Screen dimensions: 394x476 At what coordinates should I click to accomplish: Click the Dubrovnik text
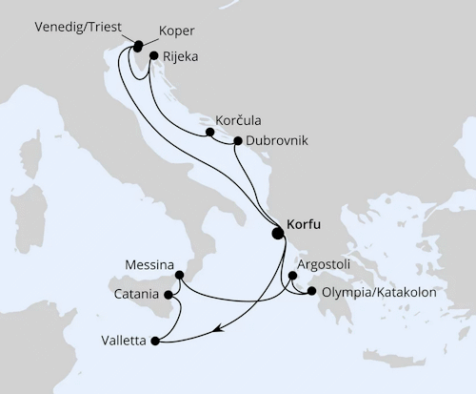pyautogui.click(x=276, y=140)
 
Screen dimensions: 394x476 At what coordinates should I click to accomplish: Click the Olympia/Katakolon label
pyautogui.click(x=379, y=293)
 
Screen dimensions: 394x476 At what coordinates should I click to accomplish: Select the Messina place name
pyautogui.click(x=149, y=262)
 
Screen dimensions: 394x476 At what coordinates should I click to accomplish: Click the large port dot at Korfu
pyautogui.click(x=278, y=232)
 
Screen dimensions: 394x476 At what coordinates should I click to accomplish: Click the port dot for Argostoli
pyautogui.click(x=291, y=276)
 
